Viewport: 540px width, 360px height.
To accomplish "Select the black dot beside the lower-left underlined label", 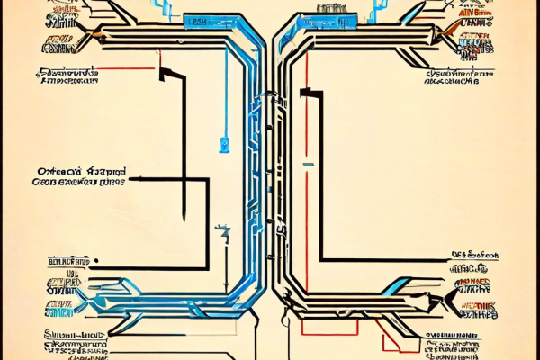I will (94, 265).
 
